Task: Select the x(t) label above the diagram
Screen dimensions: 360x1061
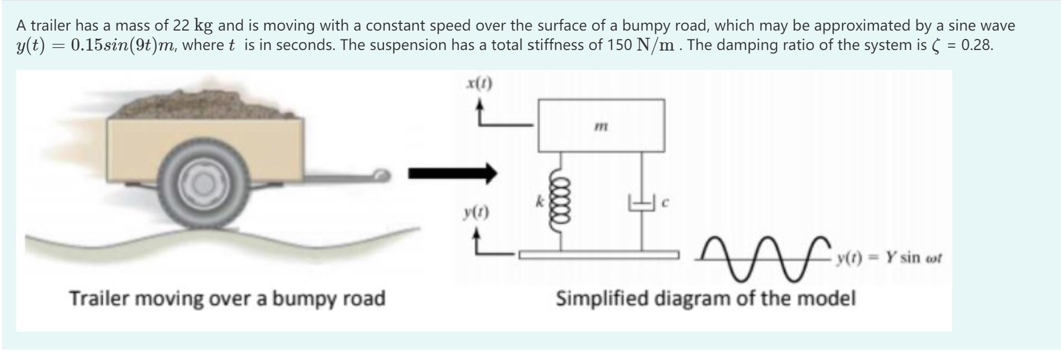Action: (x=479, y=84)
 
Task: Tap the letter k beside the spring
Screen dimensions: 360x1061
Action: (x=539, y=203)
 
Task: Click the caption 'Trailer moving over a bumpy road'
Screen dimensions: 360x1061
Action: (x=227, y=298)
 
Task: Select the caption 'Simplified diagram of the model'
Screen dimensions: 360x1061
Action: (x=705, y=298)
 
